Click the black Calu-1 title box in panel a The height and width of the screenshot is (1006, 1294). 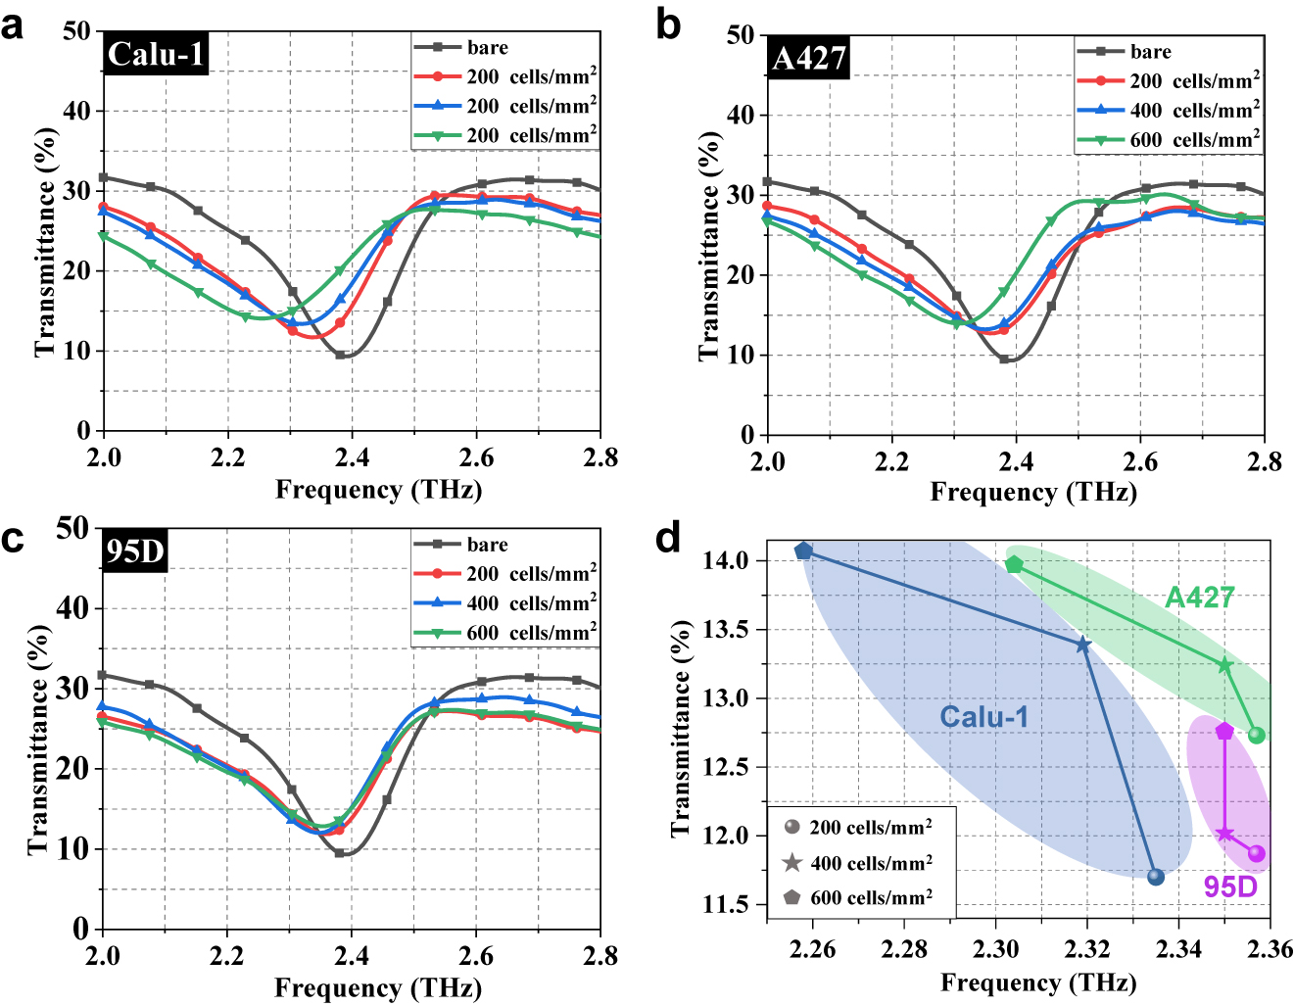[156, 54]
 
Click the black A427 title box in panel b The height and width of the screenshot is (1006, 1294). [808, 59]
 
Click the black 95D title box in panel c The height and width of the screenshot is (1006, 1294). [134, 552]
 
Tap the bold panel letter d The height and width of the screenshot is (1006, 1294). [668, 538]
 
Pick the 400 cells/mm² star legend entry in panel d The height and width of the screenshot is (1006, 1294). [857, 863]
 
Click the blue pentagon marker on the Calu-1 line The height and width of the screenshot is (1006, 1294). [803, 551]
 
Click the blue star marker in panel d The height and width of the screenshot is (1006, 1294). [1082, 645]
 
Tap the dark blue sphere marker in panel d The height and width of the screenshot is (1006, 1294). [1156, 876]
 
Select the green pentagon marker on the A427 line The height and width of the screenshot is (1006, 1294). [1014, 565]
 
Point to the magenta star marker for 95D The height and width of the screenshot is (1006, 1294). [1224, 834]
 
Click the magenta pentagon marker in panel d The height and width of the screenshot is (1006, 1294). [1224, 732]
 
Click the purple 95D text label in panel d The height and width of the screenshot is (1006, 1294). [1230, 886]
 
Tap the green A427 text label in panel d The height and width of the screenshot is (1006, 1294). [1199, 598]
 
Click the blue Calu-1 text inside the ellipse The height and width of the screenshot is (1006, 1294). [984, 717]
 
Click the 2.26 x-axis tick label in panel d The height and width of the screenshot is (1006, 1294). [812, 949]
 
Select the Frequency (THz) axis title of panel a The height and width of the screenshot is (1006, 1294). [378, 489]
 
